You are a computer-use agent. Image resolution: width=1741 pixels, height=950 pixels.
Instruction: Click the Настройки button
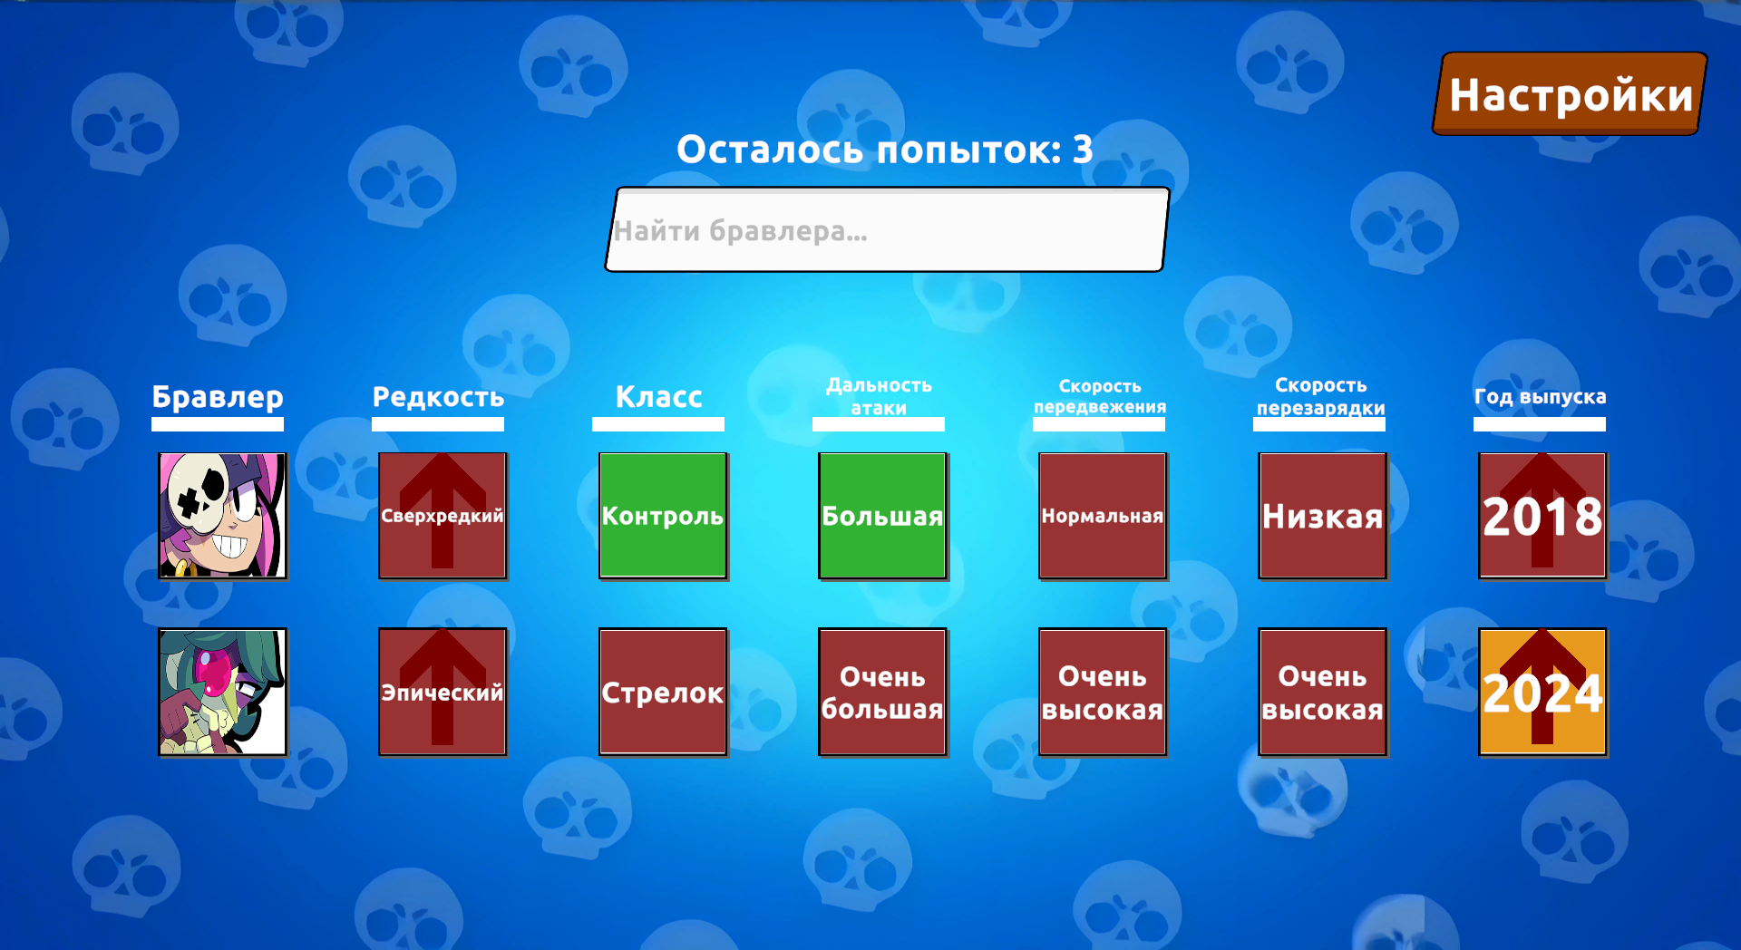coord(1570,94)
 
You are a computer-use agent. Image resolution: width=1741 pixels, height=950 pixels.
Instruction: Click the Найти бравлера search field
coord(887,230)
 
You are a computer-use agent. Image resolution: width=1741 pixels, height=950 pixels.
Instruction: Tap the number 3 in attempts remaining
coord(1083,150)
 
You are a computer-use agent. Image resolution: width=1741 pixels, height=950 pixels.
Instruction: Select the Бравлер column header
coord(218,397)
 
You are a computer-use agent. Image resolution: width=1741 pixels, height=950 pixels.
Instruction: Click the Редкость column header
coord(438,397)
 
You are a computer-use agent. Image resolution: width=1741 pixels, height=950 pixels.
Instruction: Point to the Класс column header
coord(658,397)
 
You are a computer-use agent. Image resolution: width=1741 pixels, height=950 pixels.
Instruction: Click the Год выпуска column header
coord(1540,397)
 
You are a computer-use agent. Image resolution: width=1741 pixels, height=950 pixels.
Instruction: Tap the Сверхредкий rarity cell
coord(443,516)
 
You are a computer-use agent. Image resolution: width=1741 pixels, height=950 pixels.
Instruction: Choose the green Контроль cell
coord(663,516)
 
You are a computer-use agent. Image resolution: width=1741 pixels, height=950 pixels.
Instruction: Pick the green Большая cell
coord(882,516)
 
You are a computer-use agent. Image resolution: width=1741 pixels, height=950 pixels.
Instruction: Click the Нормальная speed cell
coord(1103,516)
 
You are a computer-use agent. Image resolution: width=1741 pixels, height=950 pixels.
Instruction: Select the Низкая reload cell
coord(1323,516)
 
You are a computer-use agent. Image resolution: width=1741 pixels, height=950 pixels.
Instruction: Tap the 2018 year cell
coord(1542,516)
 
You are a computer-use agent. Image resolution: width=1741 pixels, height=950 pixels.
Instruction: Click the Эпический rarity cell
coord(443,692)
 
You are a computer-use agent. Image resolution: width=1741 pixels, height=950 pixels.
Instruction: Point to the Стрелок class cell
coord(663,692)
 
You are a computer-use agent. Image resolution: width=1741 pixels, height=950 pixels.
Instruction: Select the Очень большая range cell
coord(882,692)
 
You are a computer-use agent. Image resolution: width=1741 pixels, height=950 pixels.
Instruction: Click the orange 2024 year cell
coord(1542,692)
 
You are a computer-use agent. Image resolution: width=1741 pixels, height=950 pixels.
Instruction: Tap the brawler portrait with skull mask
coord(222,516)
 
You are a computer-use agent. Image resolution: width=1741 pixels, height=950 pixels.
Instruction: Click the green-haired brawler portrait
coord(222,692)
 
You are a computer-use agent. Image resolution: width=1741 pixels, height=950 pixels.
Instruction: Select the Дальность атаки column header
coord(879,397)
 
